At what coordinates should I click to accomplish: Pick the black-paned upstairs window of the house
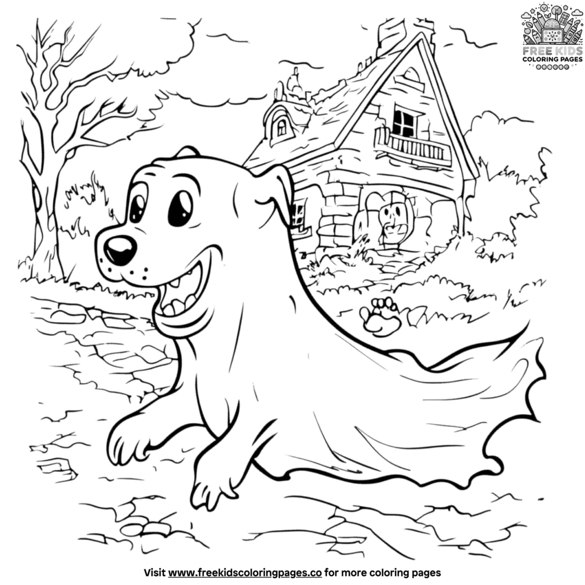(403, 119)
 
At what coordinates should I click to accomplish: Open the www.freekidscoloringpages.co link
(246, 571)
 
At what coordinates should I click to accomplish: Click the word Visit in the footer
(154, 571)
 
